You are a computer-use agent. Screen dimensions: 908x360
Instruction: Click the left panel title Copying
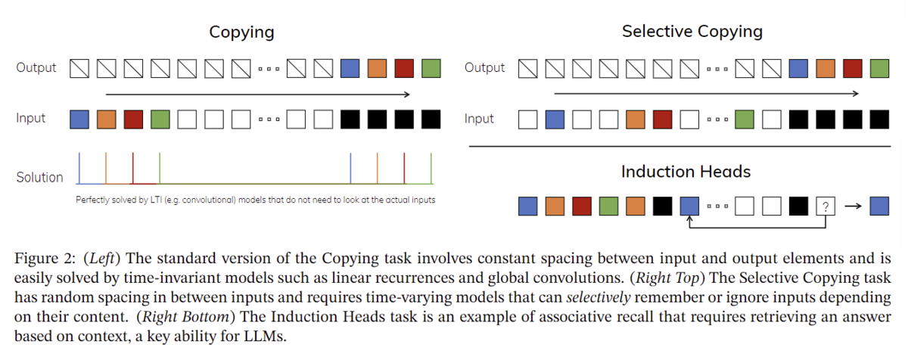coord(241,33)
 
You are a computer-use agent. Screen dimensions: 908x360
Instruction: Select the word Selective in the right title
coord(657,31)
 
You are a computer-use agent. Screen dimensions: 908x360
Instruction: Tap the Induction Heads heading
coord(686,172)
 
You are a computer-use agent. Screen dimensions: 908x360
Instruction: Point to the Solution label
coord(39,177)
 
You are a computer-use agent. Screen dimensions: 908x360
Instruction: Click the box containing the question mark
coord(826,206)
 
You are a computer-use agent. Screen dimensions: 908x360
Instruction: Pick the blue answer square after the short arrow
coord(879,206)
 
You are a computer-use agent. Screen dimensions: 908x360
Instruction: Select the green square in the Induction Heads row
coord(608,206)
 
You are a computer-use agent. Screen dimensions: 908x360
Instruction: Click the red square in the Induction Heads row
coord(582,206)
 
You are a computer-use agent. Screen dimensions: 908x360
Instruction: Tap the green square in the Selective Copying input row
coord(745,119)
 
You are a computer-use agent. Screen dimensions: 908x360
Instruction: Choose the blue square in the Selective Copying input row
coord(555,119)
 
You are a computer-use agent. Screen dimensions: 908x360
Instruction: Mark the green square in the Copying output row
coord(431,68)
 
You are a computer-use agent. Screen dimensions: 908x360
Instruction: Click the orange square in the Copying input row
coord(106,119)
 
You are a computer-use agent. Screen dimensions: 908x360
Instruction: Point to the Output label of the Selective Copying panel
coord(484,67)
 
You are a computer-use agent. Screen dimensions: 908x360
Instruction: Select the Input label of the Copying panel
coord(31,118)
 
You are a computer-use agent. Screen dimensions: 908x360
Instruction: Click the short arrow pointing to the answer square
coord(853,206)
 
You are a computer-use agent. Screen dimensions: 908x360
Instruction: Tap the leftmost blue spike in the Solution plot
coord(79,168)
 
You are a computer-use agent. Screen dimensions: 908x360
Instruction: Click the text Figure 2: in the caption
coord(45,259)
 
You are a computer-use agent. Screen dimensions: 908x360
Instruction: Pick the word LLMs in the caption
coord(265,336)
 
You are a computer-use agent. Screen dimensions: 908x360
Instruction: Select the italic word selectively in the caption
coord(599,297)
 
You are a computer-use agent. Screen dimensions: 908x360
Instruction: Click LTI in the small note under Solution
coord(156,200)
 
